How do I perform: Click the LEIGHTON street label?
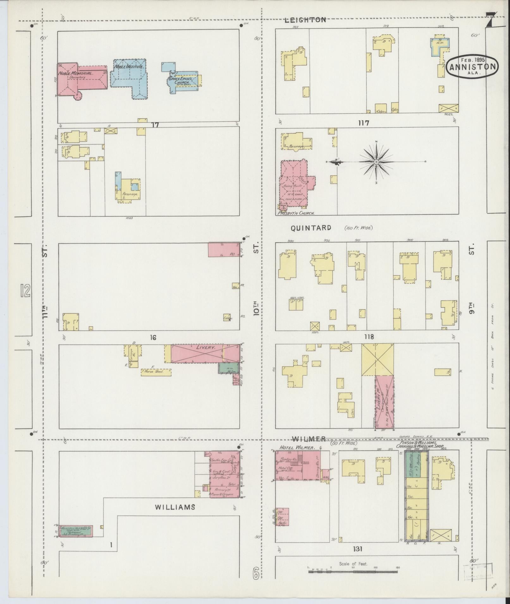pos(305,20)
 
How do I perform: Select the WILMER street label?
pos(309,439)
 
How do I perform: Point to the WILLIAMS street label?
pos(175,507)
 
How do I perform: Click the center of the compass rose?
pos(376,162)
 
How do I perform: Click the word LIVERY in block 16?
pos(206,347)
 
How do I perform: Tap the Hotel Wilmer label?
pos(297,448)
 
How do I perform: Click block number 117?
pos(364,123)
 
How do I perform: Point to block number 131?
pos(358,549)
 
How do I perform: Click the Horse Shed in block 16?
pos(156,372)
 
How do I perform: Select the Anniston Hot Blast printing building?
pos(76,531)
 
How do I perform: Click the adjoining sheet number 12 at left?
pos(25,290)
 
